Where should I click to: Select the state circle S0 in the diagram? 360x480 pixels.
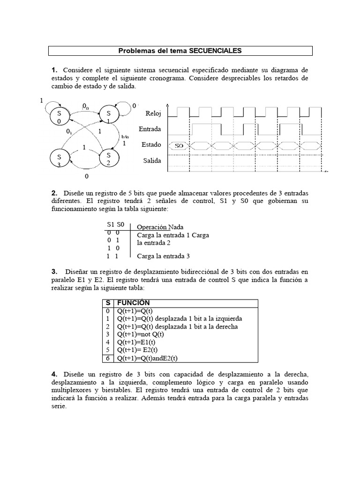click(59, 117)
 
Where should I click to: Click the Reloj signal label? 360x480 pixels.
click(153, 113)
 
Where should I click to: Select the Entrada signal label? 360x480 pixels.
click(150, 129)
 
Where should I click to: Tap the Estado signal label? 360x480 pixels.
click(151, 145)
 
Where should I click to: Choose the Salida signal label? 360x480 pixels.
click(152, 161)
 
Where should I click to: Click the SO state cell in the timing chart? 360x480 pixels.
click(179, 146)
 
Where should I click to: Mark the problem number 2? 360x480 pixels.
click(54, 193)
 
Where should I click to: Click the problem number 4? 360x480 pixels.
click(54, 374)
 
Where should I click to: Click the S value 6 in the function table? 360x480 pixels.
click(107, 358)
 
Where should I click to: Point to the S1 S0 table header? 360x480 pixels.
click(115, 225)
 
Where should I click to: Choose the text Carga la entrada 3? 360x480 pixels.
click(164, 256)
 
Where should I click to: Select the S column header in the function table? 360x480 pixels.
click(107, 303)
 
